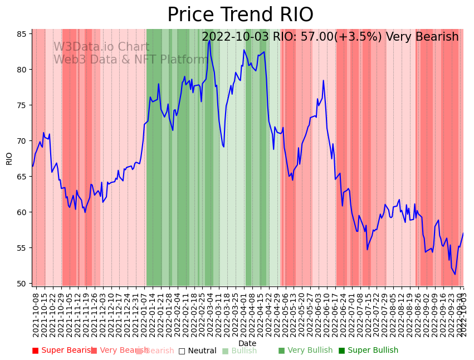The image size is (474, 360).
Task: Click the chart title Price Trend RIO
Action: coord(240,15)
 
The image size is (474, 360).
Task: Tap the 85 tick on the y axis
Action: coord(21,34)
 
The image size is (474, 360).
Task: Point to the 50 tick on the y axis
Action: coord(21,284)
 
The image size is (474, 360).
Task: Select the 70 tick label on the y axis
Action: coord(21,141)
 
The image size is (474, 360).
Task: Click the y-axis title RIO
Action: coord(9,158)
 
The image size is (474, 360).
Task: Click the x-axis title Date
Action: coord(247,343)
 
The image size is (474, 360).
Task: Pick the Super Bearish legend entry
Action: coord(62,351)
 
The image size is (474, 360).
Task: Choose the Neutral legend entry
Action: coord(197,351)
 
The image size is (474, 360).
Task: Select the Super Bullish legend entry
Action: coord(368,351)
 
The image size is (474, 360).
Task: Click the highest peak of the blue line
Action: coord(209,41)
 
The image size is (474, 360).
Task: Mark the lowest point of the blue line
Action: coord(455,274)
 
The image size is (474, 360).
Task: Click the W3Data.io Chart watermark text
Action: coord(101,47)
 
